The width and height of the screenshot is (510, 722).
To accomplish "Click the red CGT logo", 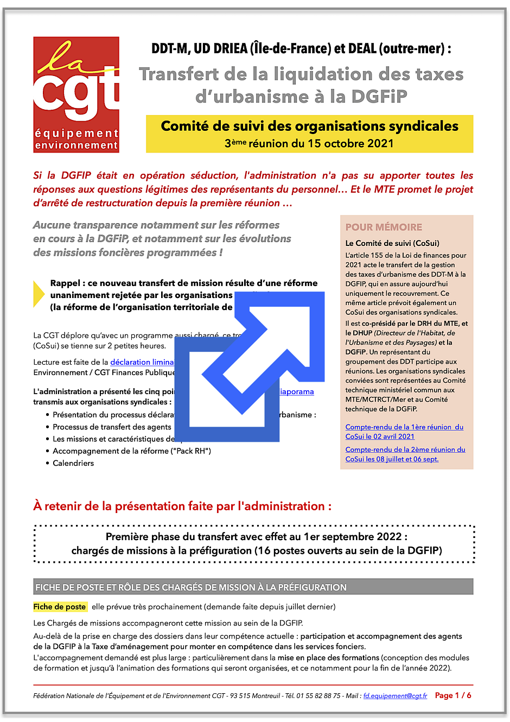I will tap(76, 94).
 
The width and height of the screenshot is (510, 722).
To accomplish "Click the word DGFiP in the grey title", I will tap(379, 97).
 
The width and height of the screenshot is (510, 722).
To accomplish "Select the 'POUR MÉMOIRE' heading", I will tap(384, 227).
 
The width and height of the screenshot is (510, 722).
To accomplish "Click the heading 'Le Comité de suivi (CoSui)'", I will tap(392, 243).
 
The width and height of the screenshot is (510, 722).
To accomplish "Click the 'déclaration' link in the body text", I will tap(130, 362).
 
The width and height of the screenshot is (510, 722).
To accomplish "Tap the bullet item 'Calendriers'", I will tap(73, 463).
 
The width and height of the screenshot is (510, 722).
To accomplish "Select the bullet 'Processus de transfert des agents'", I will tap(112, 427).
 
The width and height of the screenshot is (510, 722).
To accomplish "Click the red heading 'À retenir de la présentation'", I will tap(182, 506).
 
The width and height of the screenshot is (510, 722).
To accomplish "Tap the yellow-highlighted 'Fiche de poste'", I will tap(60, 607).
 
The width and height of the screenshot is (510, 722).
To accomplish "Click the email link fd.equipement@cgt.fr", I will tap(395, 696).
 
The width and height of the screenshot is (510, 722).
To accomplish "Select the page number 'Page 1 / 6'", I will tap(453, 695).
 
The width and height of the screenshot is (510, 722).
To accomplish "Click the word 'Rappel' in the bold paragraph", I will tap(67, 283).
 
